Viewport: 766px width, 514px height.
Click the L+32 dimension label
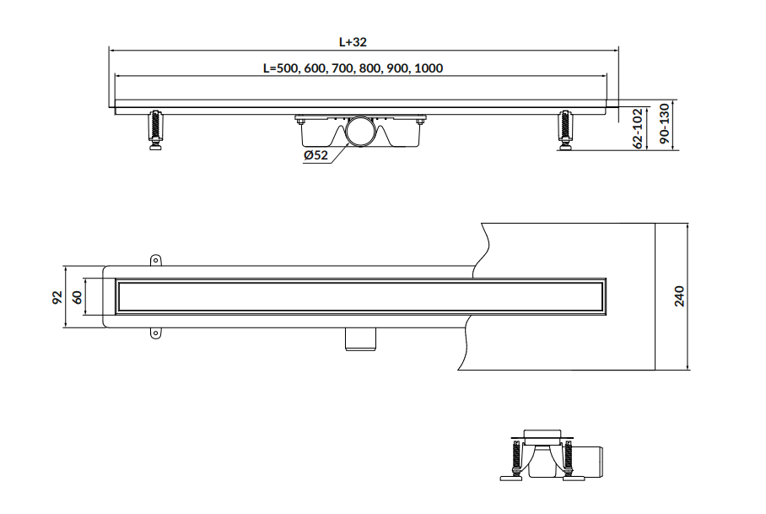click(353, 42)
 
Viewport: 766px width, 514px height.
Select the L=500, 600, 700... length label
click(353, 68)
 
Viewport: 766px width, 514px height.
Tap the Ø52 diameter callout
click(316, 155)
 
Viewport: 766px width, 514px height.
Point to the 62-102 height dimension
click(638, 128)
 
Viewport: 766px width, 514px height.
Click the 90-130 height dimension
click(664, 123)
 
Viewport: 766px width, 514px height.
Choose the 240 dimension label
click(680, 296)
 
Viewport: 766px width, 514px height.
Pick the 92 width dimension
click(57, 298)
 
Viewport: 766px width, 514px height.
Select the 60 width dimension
click(78, 297)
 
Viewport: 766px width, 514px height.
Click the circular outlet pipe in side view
click(362, 131)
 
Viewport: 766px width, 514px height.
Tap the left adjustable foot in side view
click(156, 131)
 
